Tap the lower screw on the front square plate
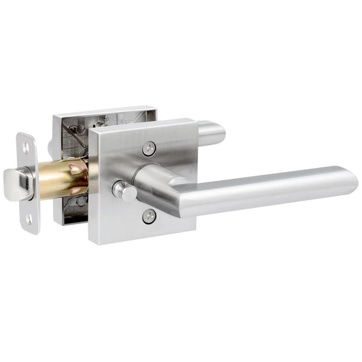coord(149,217)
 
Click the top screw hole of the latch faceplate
coord(26,145)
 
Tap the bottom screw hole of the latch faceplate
coord(29,219)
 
